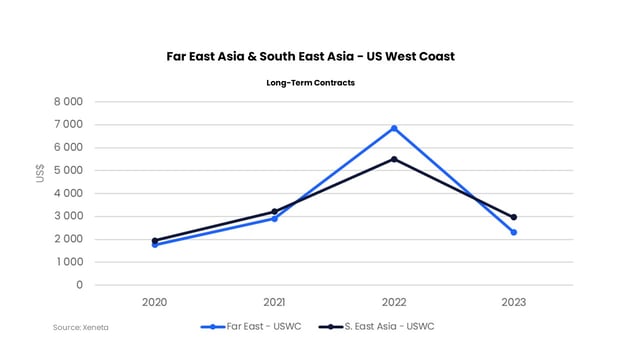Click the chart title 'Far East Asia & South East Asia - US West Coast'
(310, 56)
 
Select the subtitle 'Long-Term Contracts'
(310, 83)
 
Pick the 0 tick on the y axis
(78, 285)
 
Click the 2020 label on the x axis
(155, 301)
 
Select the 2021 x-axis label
(274, 301)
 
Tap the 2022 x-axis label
(394, 301)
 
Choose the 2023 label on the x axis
(513, 301)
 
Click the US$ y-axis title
(40, 172)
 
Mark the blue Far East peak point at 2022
(394, 128)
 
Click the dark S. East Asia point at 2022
(394, 159)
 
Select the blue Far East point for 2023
(513, 232)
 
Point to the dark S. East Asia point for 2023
(513, 217)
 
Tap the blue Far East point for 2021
(274, 218)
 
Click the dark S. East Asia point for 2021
(274, 212)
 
